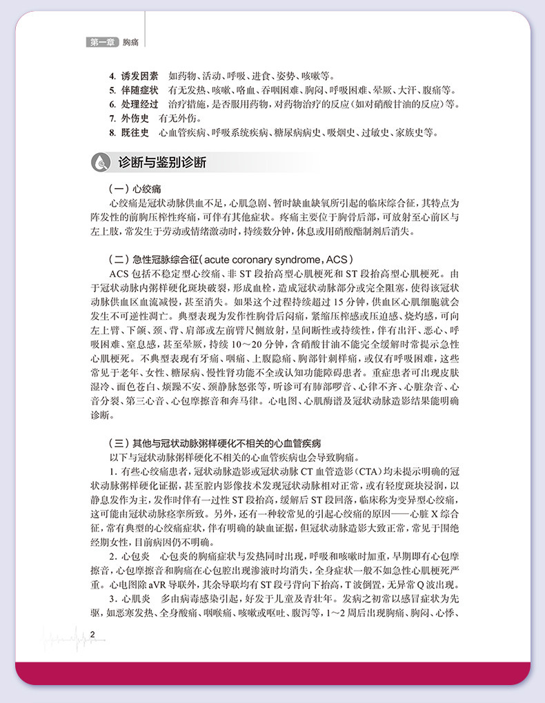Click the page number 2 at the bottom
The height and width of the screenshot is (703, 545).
coord(92,635)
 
